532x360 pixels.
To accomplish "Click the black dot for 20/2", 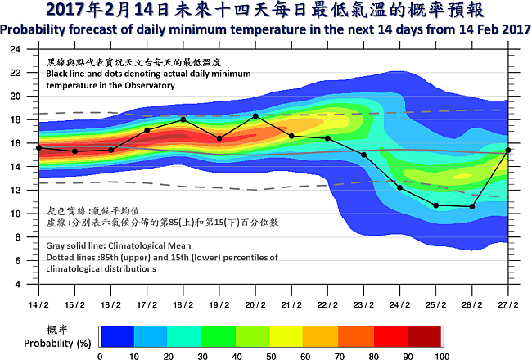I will click(255, 115).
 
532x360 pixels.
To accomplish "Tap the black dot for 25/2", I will click(436, 205).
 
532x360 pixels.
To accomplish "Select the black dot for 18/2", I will click(183, 119).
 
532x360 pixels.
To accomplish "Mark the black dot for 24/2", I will click(400, 188).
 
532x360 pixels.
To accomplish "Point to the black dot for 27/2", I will click(509, 150).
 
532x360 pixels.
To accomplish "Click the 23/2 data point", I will click(364, 155).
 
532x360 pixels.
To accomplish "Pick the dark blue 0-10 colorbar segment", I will click(116, 336).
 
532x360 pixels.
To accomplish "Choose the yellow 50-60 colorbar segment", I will click(286, 336).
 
